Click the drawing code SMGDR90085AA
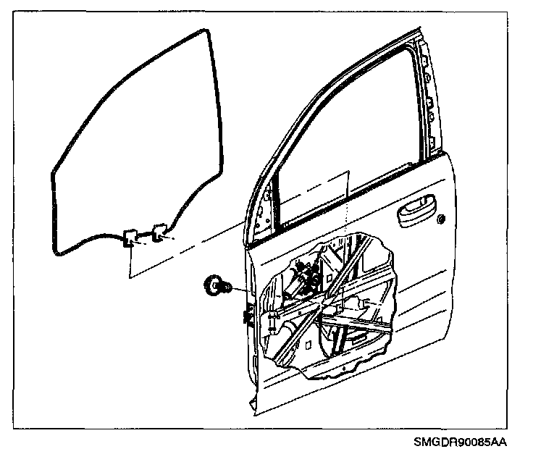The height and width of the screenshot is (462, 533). coord(460,441)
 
